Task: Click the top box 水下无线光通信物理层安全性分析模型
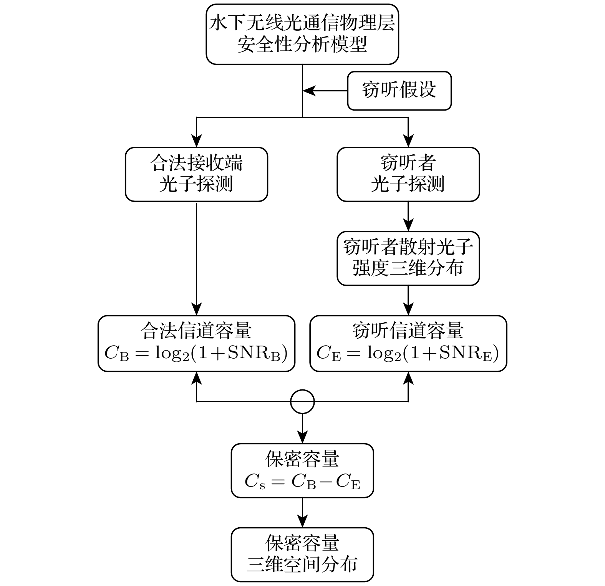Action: [302, 34]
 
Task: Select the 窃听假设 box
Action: [399, 91]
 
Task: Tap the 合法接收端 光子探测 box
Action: [196, 174]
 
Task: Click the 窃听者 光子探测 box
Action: [408, 174]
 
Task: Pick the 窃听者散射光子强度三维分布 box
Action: [408, 258]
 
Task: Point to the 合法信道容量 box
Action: [196, 343]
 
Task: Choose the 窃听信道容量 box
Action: [408, 343]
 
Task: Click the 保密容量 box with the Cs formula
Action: [302, 470]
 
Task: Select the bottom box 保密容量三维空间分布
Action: [302, 554]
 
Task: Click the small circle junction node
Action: [302, 402]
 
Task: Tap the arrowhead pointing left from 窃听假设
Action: [309, 91]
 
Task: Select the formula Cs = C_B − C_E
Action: [302, 482]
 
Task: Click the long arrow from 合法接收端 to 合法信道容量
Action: [196, 257]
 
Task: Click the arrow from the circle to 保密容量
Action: [302, 428]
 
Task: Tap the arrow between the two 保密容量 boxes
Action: [302, 513]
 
